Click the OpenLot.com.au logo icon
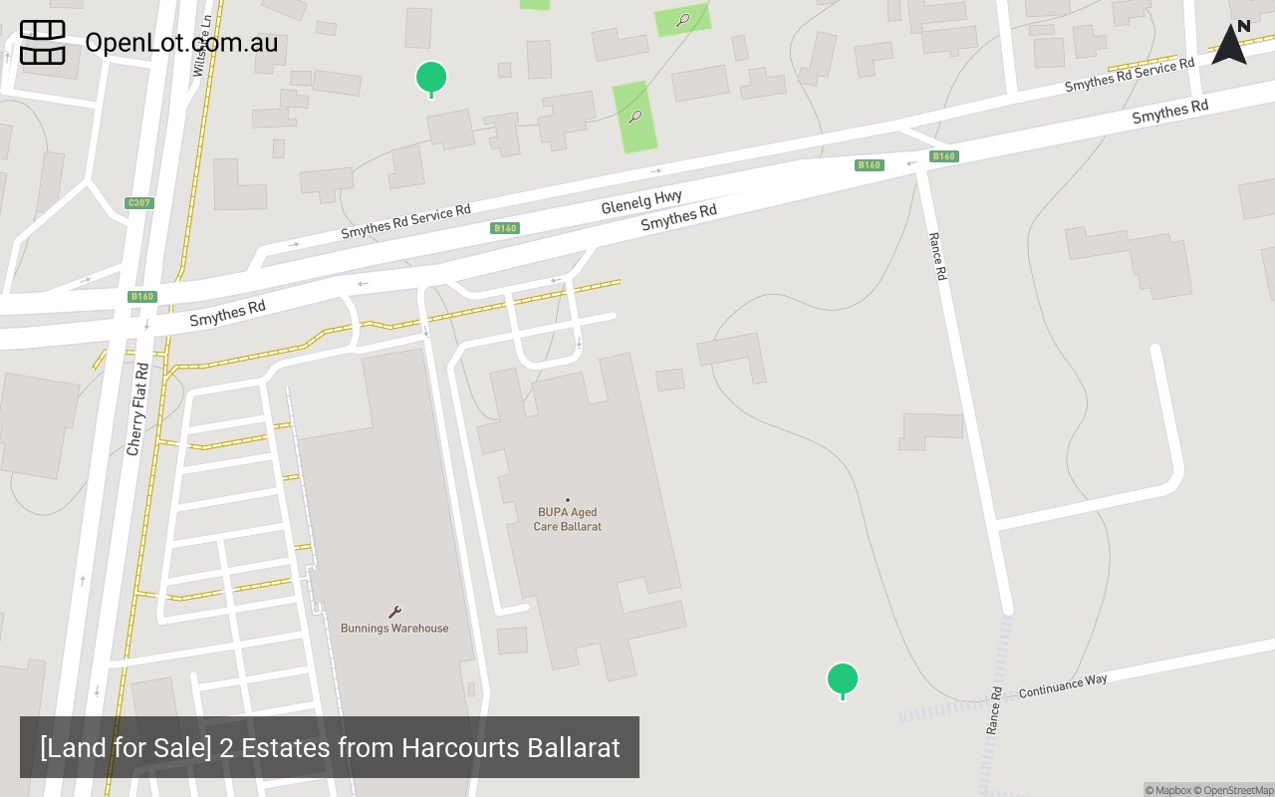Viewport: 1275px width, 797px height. (43, 43)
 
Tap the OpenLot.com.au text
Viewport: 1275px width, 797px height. (181, 43)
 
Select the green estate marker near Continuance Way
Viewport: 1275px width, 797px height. (843, 679)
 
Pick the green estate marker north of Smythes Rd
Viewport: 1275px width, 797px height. (431, 78)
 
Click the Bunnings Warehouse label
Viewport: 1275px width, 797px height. (394, 629)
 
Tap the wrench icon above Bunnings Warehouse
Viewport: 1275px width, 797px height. (394, 612)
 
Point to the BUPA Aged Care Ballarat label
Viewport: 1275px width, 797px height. (568, 519)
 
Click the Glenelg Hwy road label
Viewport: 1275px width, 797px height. (641, 203)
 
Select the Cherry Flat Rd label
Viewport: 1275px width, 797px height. (138, 409)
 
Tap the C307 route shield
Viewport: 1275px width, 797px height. (139, 203)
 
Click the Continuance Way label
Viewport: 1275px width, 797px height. (1063, 685)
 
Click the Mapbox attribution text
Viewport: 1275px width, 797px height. (1167, 790)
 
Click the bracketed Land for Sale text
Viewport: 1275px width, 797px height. (126, 747)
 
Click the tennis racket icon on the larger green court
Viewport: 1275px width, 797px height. (636, 117)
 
